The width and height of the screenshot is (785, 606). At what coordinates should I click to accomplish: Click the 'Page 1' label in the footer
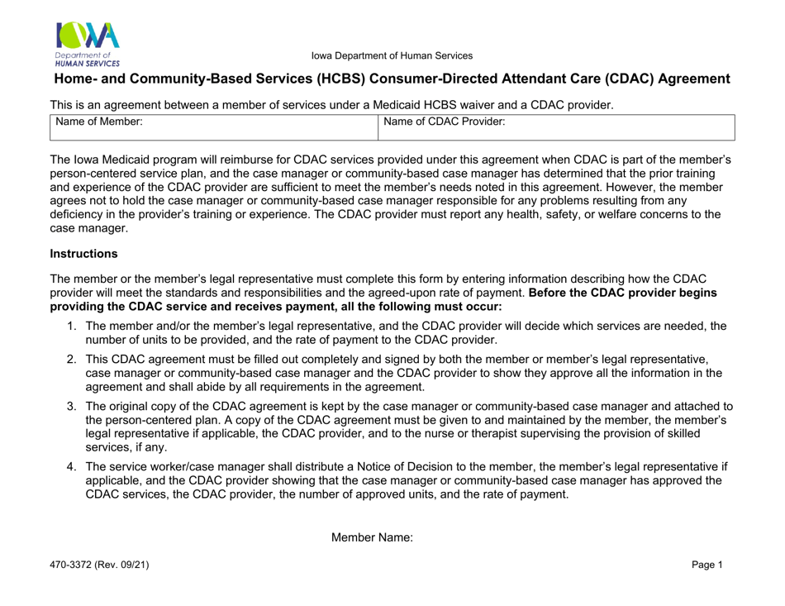tap(707, 565)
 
